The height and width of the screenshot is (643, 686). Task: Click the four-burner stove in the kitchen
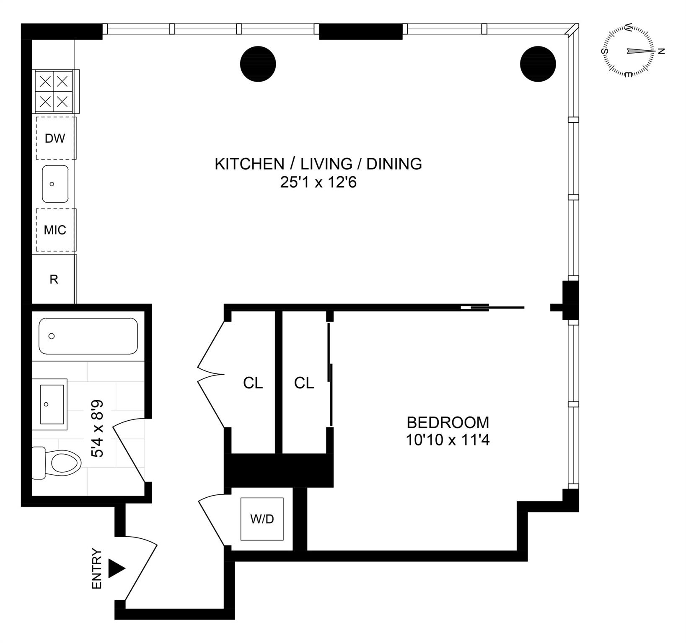point(54,91)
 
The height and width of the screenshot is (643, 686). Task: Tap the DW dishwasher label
point(55,138)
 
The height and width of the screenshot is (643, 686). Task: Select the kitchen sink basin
point(55,184)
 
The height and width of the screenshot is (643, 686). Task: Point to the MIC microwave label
point(55,230)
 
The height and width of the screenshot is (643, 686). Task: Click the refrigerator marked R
point(54,279)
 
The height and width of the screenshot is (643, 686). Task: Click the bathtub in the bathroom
point(88,336)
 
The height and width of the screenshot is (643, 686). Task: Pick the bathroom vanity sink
point(52,404)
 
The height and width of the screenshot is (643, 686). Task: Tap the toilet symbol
point(59,463)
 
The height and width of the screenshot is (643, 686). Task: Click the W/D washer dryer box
point(262,519)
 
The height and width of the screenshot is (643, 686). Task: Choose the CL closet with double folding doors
point(253,383)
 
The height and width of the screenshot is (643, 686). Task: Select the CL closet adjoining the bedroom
point(304,383)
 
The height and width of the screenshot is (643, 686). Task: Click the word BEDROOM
point(448,422)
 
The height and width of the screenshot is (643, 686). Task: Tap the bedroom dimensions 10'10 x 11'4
point(448,440)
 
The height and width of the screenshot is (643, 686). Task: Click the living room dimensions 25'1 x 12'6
point(318,183)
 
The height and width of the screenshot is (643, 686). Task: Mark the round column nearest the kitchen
point(258,64)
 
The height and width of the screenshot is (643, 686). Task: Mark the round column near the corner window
point(538,64)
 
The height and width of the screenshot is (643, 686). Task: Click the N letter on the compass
point(662,51)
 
